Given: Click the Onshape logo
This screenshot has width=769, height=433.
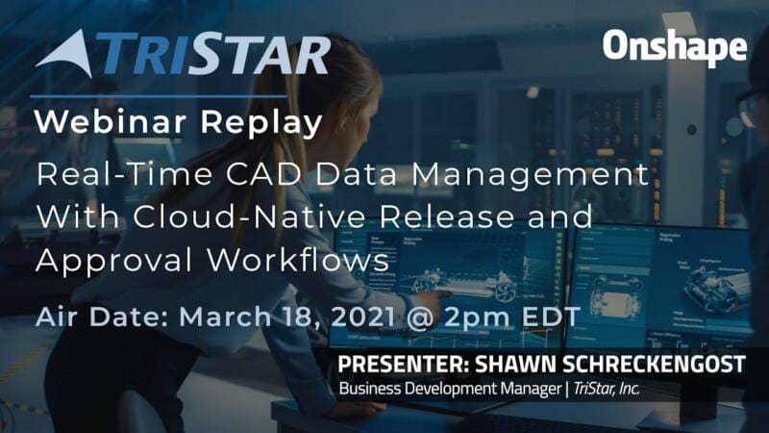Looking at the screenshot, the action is (675, 47).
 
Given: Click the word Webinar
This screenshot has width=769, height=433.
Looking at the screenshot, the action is (111, 122).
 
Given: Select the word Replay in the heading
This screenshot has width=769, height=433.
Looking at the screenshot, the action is (261, 123).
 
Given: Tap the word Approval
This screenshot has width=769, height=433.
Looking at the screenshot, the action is (113, 261).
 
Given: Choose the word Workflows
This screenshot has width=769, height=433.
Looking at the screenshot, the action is (298, 260).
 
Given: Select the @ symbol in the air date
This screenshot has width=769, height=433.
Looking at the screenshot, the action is (420, 318).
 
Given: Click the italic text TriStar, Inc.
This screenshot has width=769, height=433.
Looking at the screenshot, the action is (607, 389).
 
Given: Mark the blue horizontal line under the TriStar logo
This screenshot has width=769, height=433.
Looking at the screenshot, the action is (159, 96).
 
